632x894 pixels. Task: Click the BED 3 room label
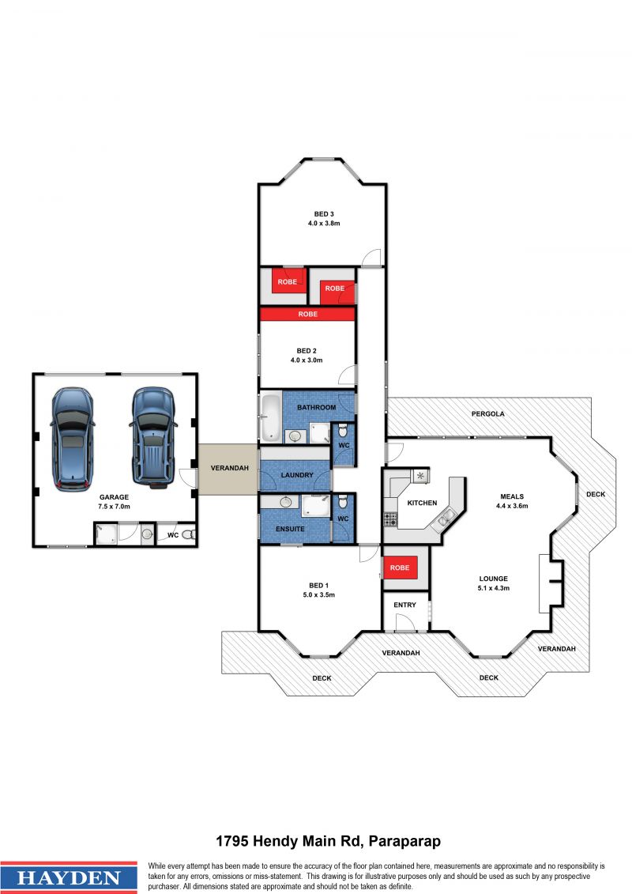pyautogui.click(x=324, y=214)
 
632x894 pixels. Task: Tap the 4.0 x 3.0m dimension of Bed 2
pyautogui.click(x=307, y=360)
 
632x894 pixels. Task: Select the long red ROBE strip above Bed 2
pyautogui.click(x=308, y=314)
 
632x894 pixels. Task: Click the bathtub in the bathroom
pyautogui.click(x=271, y=418)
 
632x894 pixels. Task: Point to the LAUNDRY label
pyautogui.click(x=297, y=475)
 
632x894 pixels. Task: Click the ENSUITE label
pyautogui.click(x=290, y=529)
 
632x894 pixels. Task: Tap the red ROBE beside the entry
pyautogui.click(x=400, y=568)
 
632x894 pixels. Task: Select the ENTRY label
pyautogui.click(x=404, y=605)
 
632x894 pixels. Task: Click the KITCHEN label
pyautogui.click(x=423, y=503)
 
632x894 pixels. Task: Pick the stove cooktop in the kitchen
pyautogui.click(x=390, y=519)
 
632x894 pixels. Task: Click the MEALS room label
pyautogui.click(x=512, y=496)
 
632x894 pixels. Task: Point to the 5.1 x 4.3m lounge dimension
pyautogui.click(x=494, y=588)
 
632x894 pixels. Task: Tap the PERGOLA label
pyautogui.click(x=487, y=414)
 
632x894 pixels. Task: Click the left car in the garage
pyautogui.click(x=72, y=439)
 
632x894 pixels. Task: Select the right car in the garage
pyautogui.click(x=152, y=438)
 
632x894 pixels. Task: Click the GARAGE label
pyautogui.click(x=114, y=497)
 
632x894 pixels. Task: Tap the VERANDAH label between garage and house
pyautogui.click(x=230, y=468)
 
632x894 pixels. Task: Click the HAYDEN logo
pyautogui.click(x=69, y=877)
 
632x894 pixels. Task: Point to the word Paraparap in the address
pyautogui.click(x=404, y=841)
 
